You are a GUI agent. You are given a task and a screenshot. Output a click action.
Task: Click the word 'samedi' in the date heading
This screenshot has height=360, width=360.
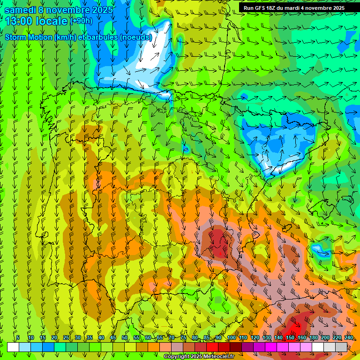(20, 10)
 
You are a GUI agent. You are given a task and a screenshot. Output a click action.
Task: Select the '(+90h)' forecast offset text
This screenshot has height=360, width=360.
(81, 21)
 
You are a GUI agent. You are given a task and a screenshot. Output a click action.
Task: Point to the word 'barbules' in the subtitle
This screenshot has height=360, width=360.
(103, 37)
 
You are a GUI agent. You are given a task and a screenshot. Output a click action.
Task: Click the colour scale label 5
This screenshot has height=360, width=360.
(18, 337)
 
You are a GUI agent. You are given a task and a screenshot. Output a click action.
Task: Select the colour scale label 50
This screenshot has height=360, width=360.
(125, 337)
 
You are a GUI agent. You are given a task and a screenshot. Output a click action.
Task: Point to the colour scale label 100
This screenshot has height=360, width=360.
(231, 337)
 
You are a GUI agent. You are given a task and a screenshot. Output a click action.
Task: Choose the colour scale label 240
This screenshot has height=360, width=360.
(349, 337)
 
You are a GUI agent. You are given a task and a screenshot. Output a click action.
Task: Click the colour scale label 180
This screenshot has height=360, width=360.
(313, 337)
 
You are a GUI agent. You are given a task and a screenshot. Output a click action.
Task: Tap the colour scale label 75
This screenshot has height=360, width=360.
(183, 337)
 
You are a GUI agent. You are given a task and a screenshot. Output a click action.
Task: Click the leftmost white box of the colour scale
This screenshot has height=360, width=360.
(13, 347)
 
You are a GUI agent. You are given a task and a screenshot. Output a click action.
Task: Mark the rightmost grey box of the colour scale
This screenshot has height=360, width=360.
(341, 347)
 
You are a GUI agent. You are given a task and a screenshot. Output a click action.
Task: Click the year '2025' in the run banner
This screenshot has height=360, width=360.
(337, 8)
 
